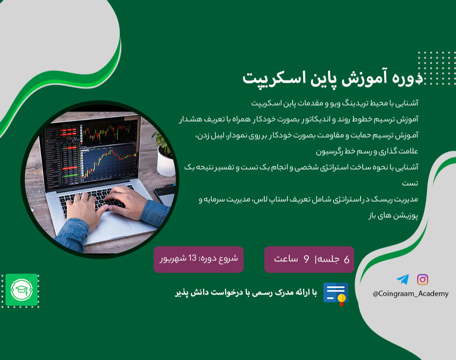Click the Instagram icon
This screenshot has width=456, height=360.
[423, 279]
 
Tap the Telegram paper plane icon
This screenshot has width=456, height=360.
[402, 279]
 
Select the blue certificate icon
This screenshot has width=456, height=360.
[336, 294]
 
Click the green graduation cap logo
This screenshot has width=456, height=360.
[22, 290]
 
